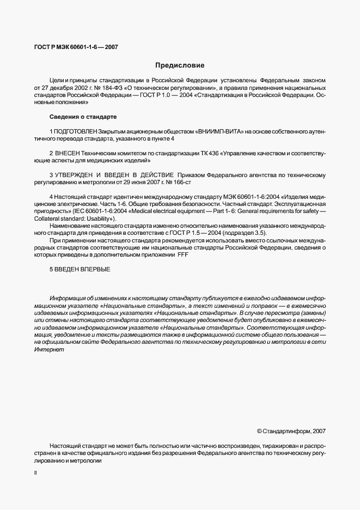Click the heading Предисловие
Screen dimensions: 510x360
click(x=180, y=65)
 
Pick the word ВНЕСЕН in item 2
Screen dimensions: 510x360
click(x=68, y=154)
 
